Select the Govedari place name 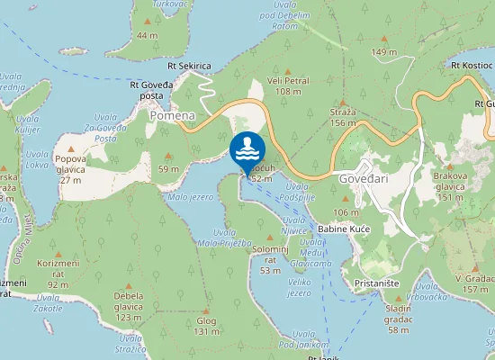pos(363,177)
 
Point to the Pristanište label pos(378,282)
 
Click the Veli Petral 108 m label pos(287,85)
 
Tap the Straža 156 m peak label pos(343,117)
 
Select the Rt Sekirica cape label pos(189,67)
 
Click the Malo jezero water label pos(191,196)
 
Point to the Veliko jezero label pos(299,287)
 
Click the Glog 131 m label pos(207,326)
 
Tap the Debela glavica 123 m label pos(129,306)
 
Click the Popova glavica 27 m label pos(70,165)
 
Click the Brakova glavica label pos(449,183)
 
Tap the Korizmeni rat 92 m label pos(58,273)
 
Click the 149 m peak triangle pos(384,40)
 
